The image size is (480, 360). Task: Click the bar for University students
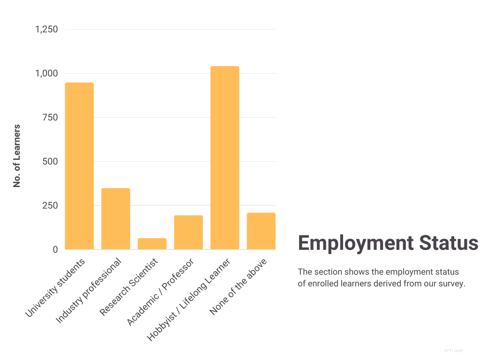(79, 166)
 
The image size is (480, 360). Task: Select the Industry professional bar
(116, 218)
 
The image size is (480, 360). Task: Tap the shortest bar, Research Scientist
(152, 244)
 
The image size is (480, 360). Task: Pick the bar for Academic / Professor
(188, 232)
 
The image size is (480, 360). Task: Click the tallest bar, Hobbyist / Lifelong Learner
(225, 157)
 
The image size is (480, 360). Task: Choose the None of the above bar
(261, 231)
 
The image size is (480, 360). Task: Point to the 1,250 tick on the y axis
(46, 30)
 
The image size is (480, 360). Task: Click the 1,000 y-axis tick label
(46, 74)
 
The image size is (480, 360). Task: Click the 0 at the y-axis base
(55, 250)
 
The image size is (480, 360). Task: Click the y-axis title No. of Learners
(17, 156)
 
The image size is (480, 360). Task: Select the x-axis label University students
(55, 287)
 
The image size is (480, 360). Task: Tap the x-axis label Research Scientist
(129, 286)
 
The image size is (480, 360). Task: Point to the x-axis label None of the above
(238, 286)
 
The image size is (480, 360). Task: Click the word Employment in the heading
(355, 243)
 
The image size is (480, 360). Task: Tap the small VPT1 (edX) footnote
(454, 351)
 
